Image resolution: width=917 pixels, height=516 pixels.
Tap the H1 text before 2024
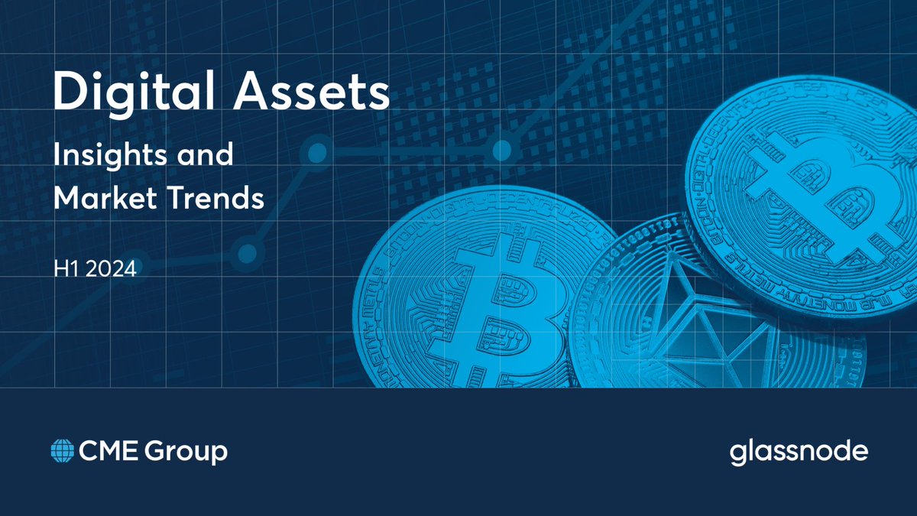[63, 269]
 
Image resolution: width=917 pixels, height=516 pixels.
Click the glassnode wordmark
[799, 453]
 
